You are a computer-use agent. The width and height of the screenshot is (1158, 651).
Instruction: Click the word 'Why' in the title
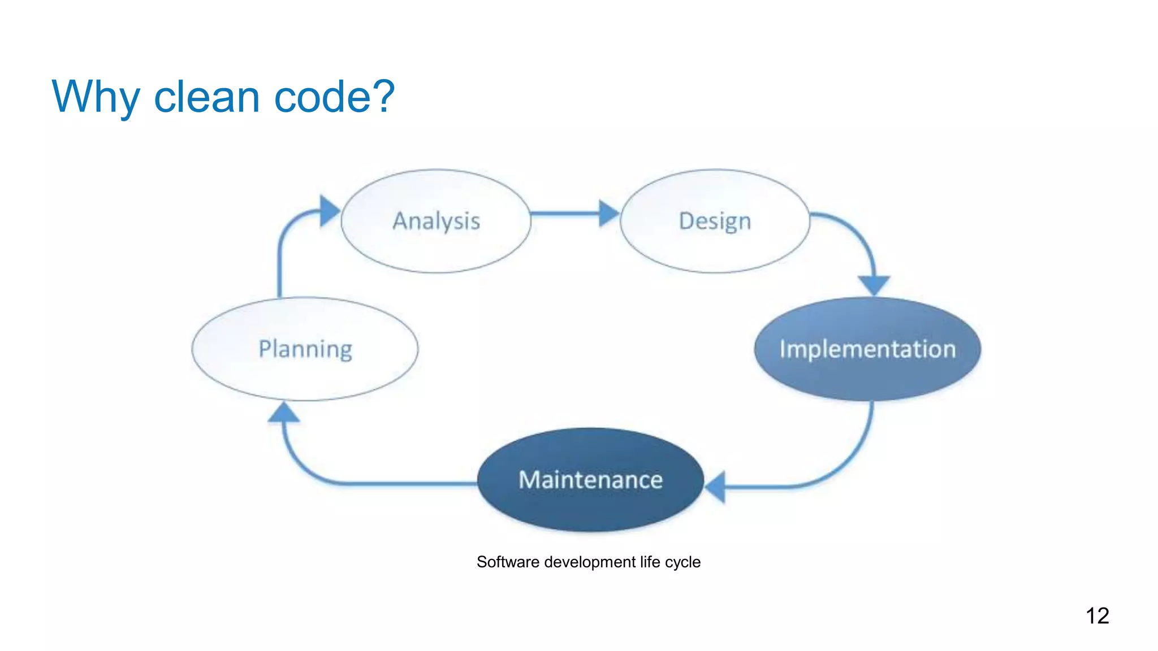(x=95, y=97)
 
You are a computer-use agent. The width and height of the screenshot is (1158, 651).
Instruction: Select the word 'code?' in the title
(x=334, y=97)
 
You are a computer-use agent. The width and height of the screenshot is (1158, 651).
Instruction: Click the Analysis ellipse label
(x=436, y=221)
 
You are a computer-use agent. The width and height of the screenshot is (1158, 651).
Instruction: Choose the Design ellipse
(x=715, y=221)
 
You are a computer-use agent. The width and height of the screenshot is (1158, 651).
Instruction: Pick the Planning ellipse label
(x=305, y=349)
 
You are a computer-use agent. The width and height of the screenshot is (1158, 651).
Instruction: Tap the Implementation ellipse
(x=867, y=349)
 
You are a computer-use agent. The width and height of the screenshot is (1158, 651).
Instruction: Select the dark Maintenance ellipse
(x=590, y=480)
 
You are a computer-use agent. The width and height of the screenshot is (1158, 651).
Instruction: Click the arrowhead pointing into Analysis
(x=329, y=211)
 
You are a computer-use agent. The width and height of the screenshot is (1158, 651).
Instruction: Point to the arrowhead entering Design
(x=608, y=214)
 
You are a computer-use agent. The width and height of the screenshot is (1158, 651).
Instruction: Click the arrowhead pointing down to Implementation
(x=874, y=284)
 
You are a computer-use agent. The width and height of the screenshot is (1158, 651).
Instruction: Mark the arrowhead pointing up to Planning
(x=283, y=413)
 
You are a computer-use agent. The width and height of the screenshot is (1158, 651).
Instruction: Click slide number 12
(x=1097, y=615)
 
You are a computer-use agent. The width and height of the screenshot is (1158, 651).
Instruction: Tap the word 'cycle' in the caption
(x=682, y=562)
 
